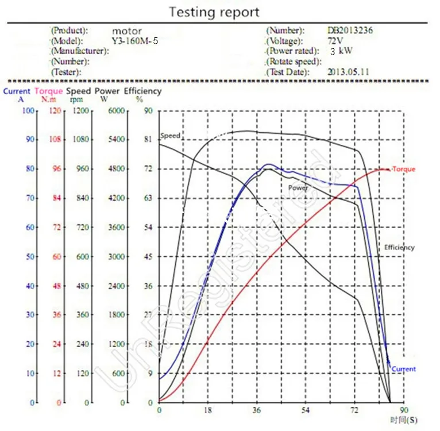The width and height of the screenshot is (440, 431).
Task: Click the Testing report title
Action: [x=214, y=13]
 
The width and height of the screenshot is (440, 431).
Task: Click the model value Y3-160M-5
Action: [x=134, y=41]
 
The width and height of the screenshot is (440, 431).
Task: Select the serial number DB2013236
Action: [x=350, y=30]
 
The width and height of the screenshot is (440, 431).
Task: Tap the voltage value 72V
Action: [x=335, y=41]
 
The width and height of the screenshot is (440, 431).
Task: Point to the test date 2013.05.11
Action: [x=348, y=72]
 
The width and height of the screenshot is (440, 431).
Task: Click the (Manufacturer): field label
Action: [x=80, y=51]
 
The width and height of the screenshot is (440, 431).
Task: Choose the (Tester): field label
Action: [x=66, y=72]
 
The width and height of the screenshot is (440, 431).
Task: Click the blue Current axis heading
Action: [x=17, y=91]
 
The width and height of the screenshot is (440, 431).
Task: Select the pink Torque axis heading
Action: [x=49, y=91]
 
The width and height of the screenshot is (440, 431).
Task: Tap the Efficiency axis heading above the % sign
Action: [x=142, y=91]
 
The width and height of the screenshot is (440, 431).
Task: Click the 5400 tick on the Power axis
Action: [x=117, y=139]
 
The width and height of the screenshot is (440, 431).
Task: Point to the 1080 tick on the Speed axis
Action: [x=81, y=139]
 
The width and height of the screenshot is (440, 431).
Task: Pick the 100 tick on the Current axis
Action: [x=28, y=111]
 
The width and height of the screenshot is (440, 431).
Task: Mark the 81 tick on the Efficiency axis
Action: [x=148, y=139]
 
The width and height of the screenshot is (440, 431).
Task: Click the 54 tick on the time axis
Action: [x=306, y=410]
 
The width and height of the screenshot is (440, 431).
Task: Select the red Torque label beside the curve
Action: [x=403, y=169]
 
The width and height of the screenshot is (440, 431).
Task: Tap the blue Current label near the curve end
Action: [x=403, y=369]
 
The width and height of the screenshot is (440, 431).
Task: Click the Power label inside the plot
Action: [x=298, y=188]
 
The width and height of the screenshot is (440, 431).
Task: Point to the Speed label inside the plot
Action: [x=170, y=136]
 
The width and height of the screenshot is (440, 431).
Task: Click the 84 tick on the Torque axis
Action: [x=57, y=198]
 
